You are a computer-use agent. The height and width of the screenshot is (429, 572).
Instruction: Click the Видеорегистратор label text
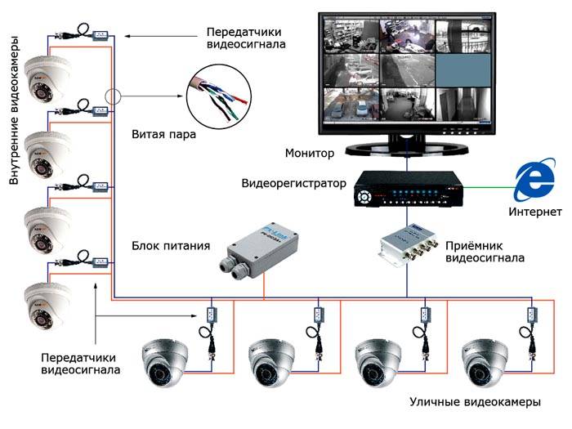tap(294, 182)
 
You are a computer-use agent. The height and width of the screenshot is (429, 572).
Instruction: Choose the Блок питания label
tap(171, 245)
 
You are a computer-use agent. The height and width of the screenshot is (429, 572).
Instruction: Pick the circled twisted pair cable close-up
tap(220, 101)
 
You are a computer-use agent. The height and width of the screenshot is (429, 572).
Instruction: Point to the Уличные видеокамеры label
tap(474, 404)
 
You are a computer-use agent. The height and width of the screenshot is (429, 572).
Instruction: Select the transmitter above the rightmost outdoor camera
tap(532, 314)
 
